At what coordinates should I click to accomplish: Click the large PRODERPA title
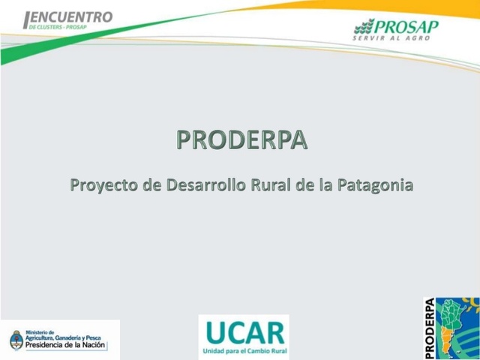(x=241, y=140)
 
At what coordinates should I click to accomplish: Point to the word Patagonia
(x=375, y=184)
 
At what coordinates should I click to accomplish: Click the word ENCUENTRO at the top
(x=72, y=16)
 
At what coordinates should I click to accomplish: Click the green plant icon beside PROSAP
(x=364, y=28)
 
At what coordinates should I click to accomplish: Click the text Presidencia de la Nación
(x=66, y=346)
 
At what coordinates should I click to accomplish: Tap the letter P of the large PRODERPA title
(x=184, y=140)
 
